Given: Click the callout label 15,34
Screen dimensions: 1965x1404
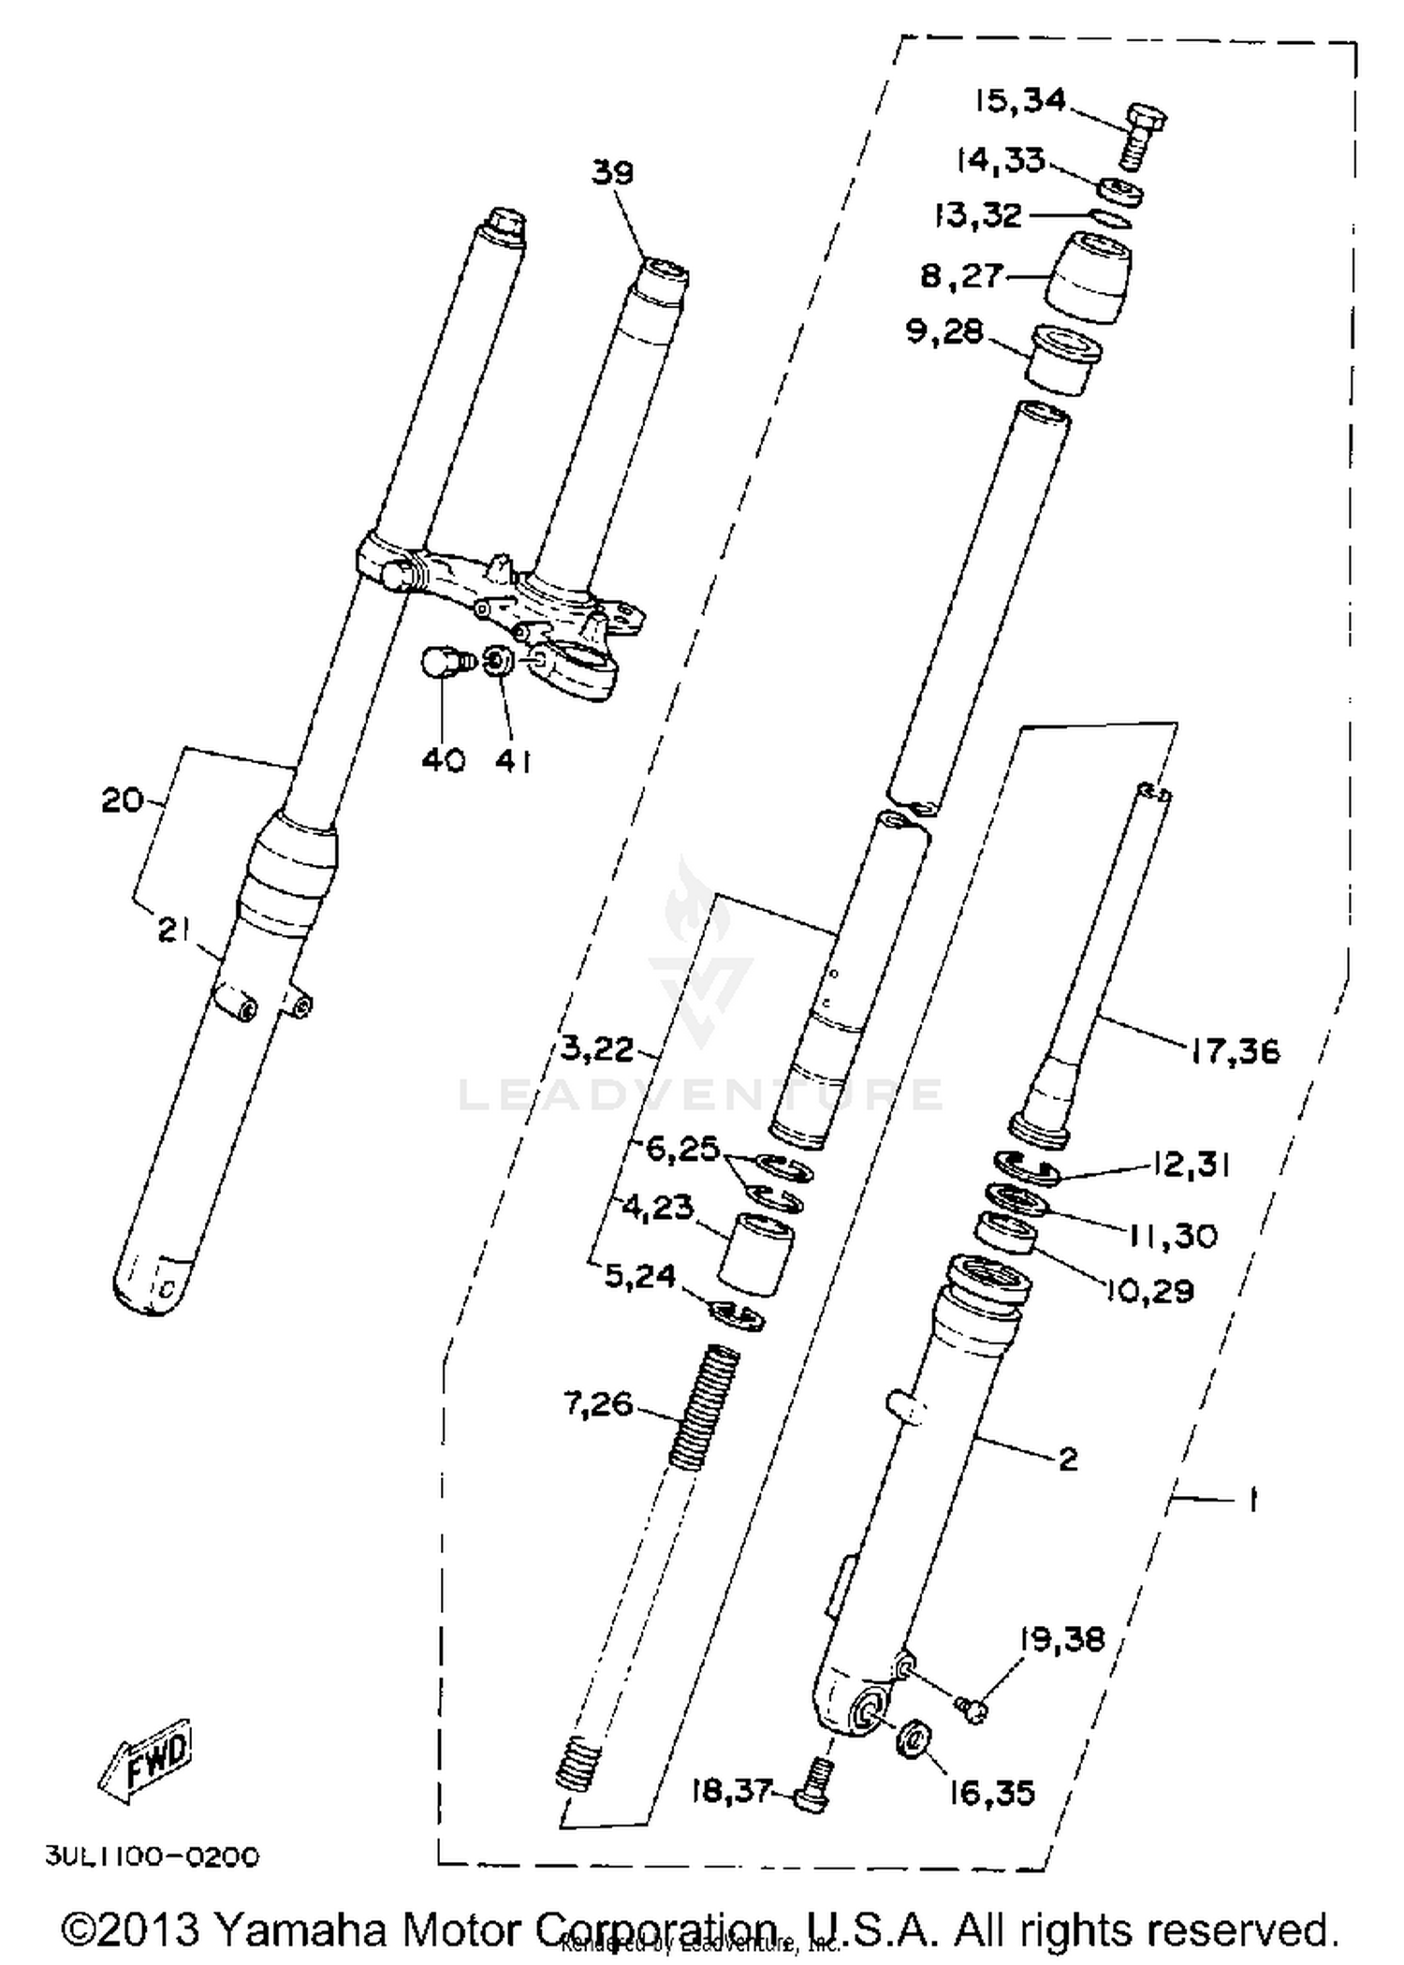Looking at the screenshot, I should (1019, 100).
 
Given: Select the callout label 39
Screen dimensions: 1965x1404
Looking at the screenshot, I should (612, 172).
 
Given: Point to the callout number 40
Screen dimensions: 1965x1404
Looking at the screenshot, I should (443, 761).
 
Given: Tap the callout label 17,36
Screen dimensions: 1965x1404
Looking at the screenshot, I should (1235, 1051).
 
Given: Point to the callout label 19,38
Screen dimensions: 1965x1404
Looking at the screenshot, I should (1061, 1639).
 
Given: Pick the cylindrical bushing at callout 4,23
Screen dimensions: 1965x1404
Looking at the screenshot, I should (755, 1254).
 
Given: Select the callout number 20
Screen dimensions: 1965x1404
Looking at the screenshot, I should (122, 799).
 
